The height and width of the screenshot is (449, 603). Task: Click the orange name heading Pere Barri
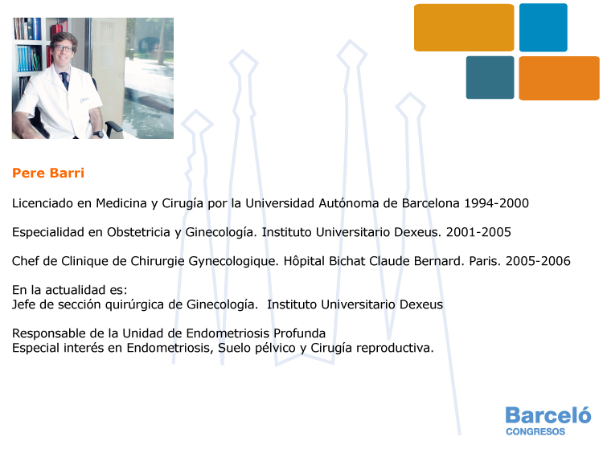(48, 173)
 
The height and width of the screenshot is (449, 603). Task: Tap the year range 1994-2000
(497, 203)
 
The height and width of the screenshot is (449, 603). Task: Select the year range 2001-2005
(478, 232)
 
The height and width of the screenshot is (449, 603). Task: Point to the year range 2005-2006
(538, 261)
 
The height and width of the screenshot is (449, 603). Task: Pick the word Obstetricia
(138, 232)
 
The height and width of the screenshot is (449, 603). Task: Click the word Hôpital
(304, 261)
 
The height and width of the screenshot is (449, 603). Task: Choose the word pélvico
(275, 348)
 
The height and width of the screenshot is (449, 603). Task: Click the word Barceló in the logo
(548, 414)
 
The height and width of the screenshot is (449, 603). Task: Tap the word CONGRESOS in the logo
(535, 431)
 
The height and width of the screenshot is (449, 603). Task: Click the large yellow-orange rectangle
(464, 27)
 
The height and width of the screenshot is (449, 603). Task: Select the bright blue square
(543, 27)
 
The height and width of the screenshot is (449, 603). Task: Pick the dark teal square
(490, 78)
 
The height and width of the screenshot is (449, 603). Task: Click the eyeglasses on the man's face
(64, 48)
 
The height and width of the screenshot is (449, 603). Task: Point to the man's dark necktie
(65, 80)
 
